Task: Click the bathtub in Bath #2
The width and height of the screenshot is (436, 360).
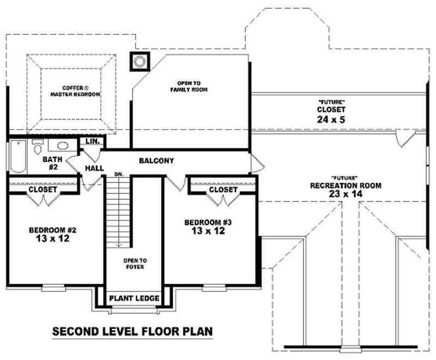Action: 17,156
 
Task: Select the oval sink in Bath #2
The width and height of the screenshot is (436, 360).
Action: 62,146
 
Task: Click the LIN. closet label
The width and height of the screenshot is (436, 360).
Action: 92,142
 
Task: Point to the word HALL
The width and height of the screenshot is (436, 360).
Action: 94,168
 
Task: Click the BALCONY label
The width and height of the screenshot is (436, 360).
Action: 156,161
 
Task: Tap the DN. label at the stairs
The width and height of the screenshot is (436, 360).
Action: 118,175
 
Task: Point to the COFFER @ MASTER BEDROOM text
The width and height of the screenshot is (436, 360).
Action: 75,91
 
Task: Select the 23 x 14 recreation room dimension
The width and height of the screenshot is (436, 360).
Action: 346,193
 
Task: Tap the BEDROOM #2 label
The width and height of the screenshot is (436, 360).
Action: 52,230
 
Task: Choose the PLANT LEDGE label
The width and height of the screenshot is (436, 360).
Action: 134,298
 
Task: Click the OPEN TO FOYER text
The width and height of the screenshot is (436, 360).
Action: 134,264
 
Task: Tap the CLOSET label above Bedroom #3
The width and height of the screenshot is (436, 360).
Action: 223,190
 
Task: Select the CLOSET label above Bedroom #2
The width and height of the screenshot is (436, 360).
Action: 43,190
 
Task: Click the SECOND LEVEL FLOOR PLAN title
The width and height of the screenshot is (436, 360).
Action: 132,331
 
